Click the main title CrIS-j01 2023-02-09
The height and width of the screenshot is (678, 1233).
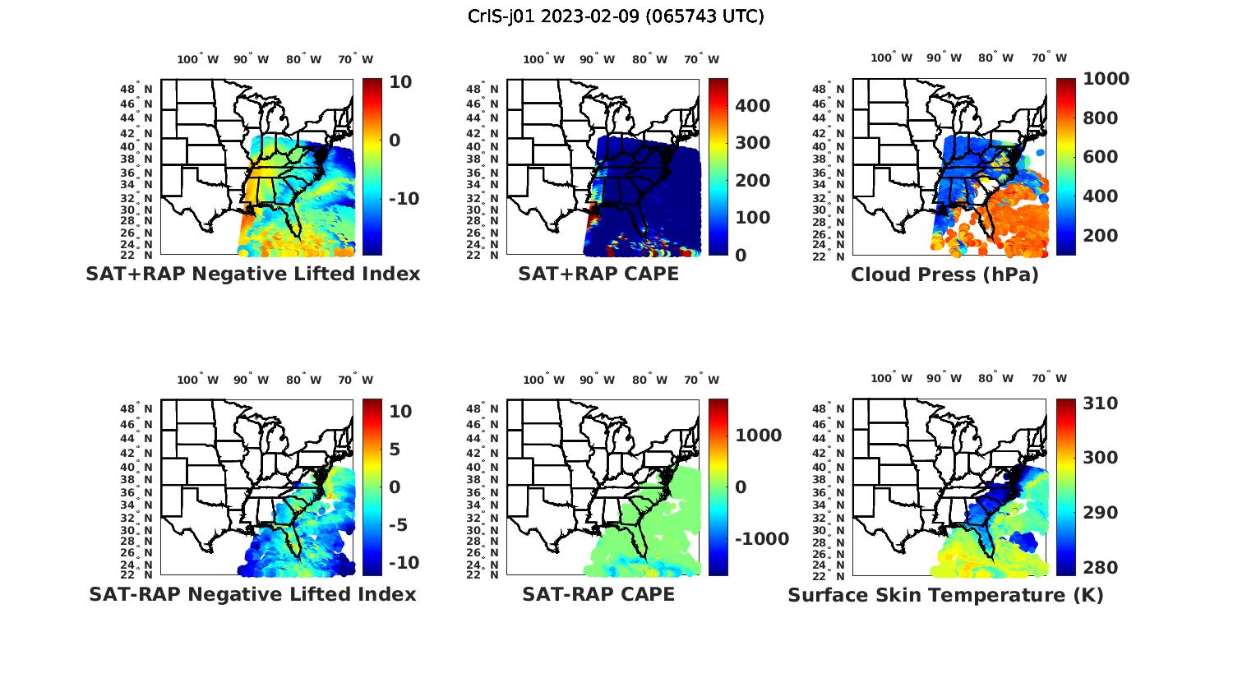(x=616, y=16)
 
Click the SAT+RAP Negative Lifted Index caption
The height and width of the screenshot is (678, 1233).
(x=252, y=274)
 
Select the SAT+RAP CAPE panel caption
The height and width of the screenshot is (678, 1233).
(x=598, y=274)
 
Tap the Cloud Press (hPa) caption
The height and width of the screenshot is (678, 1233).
(x=944, y=274)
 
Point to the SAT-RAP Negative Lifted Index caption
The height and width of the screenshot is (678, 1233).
(x=252, y=594)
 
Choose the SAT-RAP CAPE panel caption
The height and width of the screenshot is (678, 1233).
(x=598, y=594)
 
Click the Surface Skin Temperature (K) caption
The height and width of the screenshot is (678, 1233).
(x=945, y=595)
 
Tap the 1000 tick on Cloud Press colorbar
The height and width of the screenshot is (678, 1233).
(x=1106, y=79)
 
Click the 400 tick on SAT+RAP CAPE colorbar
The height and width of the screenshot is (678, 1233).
(x=753, y=106)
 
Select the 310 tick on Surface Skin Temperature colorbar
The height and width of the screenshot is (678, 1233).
(x=1100, y=404)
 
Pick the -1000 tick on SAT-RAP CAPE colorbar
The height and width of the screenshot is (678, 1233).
(x=762, y=539)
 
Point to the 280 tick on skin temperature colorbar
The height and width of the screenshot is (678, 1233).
(x=1100, y=568)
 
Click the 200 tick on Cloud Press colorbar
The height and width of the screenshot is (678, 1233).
(x=1100, y=236)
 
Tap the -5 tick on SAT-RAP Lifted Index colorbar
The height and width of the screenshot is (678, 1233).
(x=404, y=525)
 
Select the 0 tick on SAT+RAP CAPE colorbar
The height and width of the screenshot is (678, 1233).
(x=741, y=255)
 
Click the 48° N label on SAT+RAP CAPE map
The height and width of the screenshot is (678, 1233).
(x=483, y=89)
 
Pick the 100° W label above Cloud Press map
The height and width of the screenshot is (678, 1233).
(x=892, y=58)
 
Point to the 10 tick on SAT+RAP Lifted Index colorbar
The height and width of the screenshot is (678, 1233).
(x=400, y=81)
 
